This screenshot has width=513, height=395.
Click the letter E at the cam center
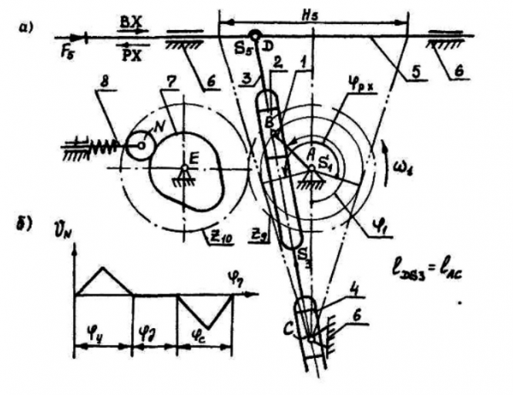coord(193,156)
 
